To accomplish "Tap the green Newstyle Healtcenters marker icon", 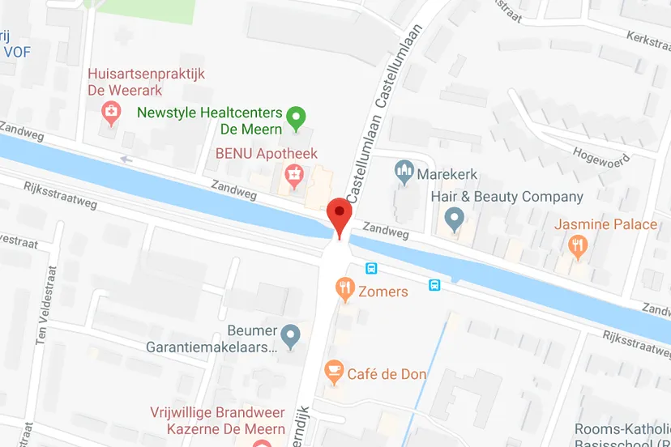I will (297, 118).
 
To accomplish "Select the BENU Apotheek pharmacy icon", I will (293, 173).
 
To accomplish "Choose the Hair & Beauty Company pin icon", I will (455, 217).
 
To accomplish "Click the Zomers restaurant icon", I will (346, 287).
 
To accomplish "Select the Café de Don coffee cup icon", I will (332, 372).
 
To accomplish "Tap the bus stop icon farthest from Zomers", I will (434, 284).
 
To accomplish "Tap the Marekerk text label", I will (448, 173).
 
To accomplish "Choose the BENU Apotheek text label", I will (266, 153).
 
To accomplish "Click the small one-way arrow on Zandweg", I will (125, 160).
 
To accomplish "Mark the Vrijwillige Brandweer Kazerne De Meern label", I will (217, 420).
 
